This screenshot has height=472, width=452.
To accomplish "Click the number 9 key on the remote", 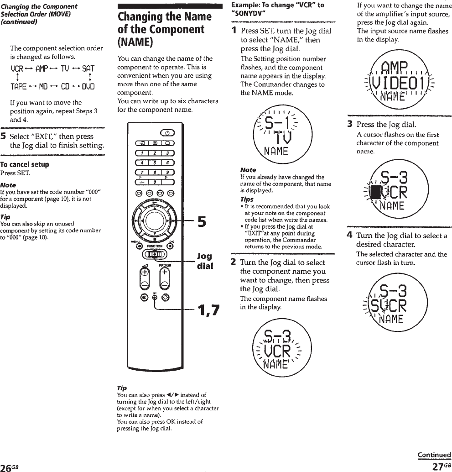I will tap(167, 172).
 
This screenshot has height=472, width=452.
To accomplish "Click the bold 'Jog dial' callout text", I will tap(205, 261).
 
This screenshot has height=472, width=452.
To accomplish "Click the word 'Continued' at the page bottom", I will tap(434, 455).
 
